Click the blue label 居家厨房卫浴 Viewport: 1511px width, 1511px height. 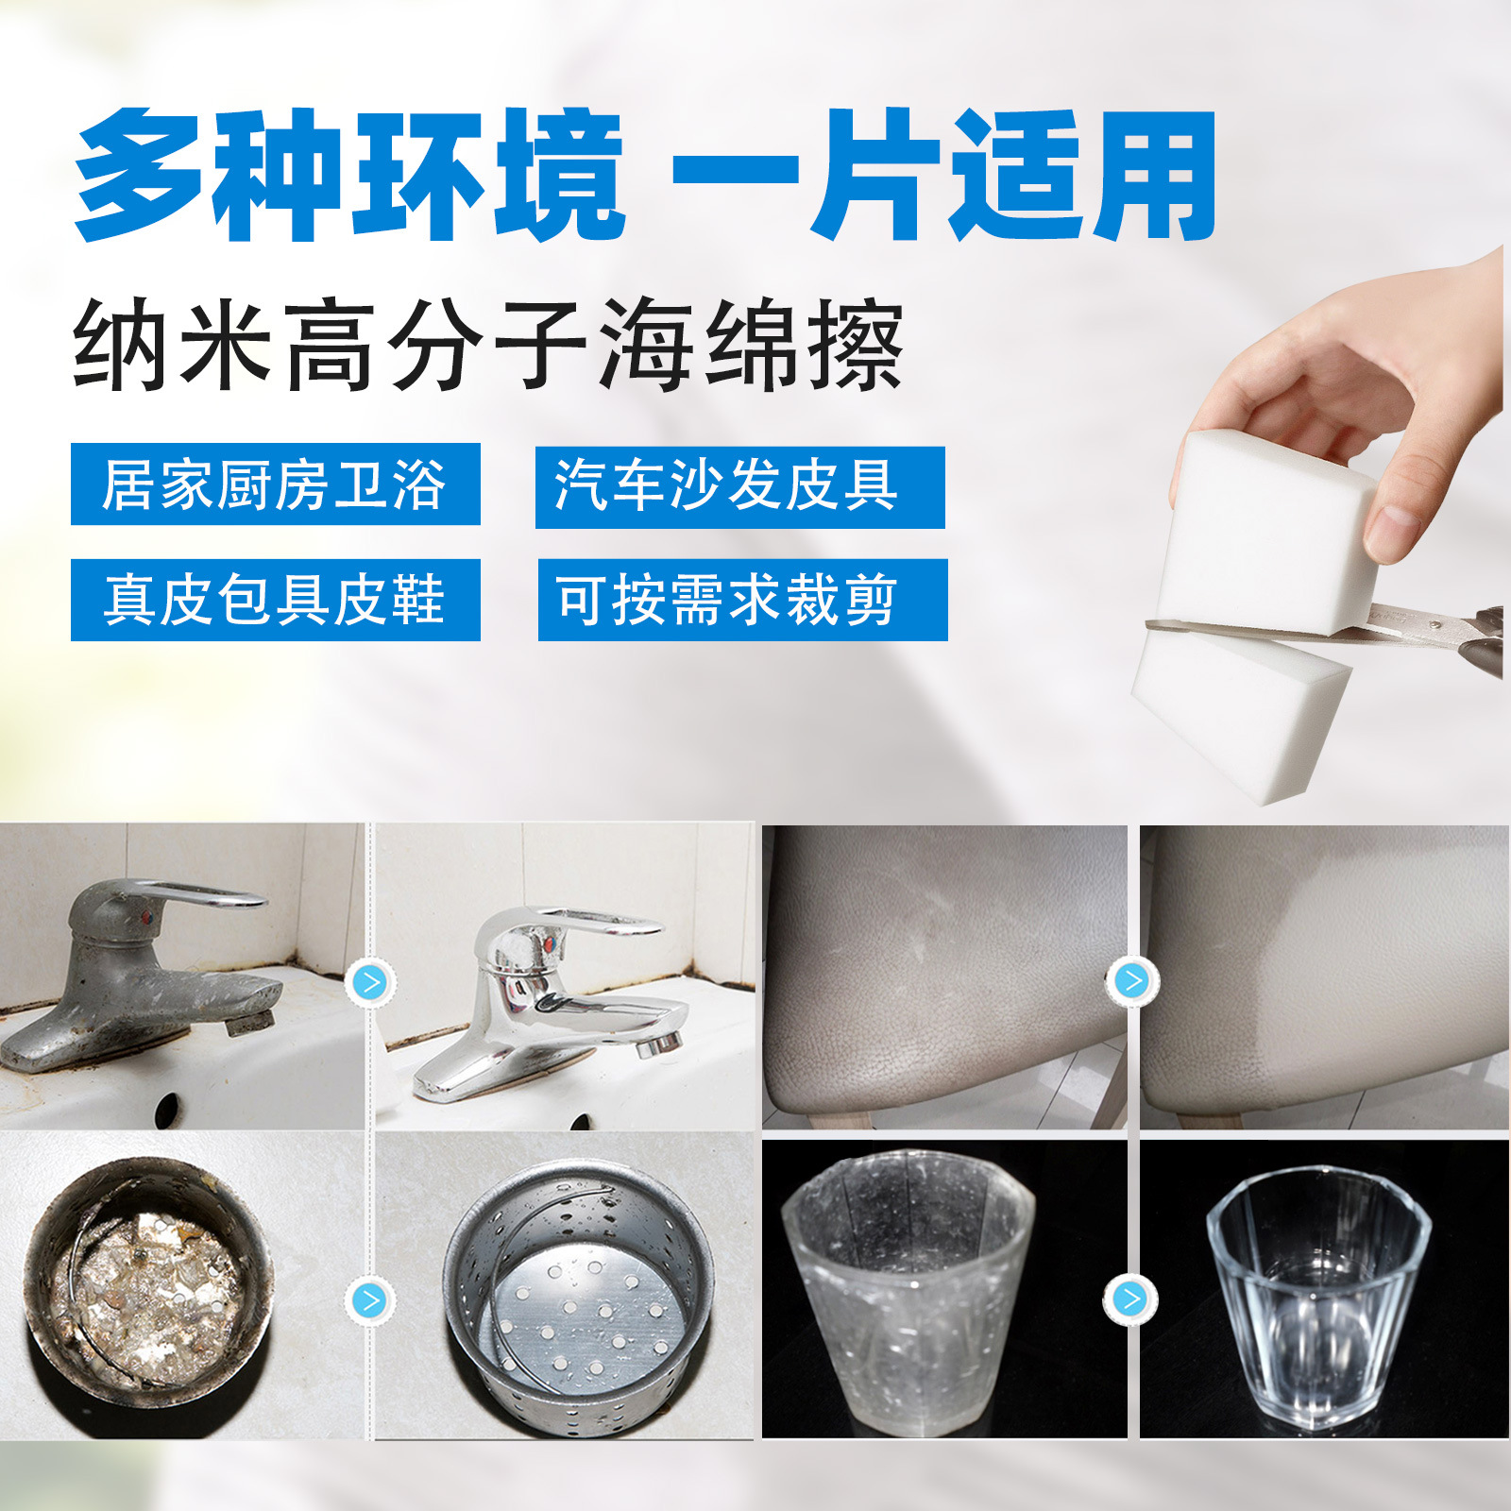[275, 484]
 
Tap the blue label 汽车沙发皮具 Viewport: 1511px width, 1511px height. [739, 486]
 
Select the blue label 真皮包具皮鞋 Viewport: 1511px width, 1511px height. [275, 600]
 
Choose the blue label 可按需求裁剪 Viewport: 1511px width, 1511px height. [742, 600]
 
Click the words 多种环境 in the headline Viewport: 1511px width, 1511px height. [349, 175]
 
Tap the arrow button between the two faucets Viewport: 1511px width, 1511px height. [370, 983]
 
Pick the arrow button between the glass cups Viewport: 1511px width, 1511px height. [1129, 1299]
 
